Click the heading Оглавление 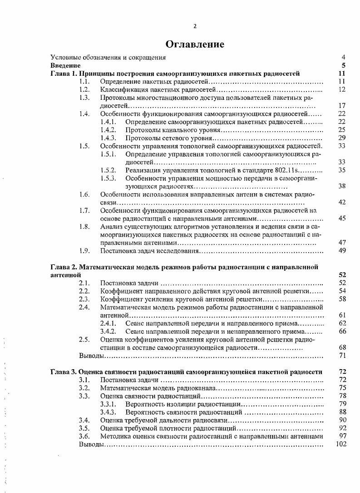coord(195,44)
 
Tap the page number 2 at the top coord(195,26)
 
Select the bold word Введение coord(62,66)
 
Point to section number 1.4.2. coord(108,130)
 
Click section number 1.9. coord(84,250)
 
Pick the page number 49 coord(342,250)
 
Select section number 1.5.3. coord(108,178)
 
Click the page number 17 coord(342,106)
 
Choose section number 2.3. coord(84,299)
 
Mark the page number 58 coord(342,299)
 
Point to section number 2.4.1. coord(108,323)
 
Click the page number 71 coord(342,355)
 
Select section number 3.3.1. coord(108,404)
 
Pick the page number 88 coord(342,412)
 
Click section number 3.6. coord(84,436)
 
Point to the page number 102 coord(340,444)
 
